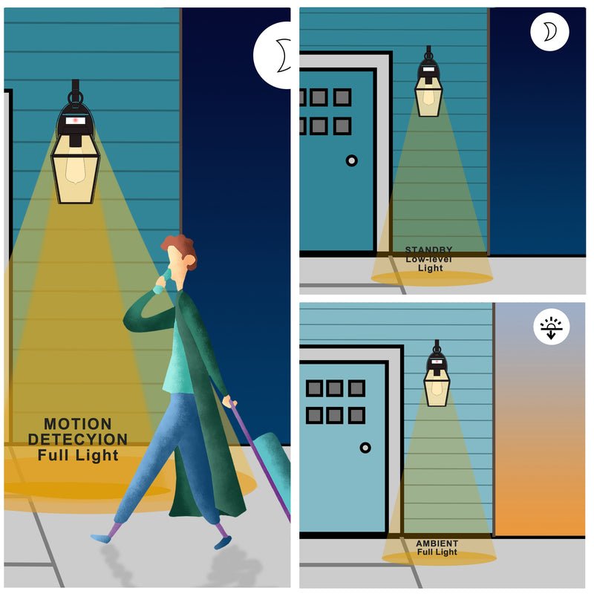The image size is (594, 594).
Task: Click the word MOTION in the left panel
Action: tap(78, 423)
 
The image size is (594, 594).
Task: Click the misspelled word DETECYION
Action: tap(78, 439)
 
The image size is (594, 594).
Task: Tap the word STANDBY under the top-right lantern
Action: tap(429, 249)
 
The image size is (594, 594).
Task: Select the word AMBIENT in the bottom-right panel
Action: tap(437, 544)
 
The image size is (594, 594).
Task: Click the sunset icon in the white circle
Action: tap(551, 327)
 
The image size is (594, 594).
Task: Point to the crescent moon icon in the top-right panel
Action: tap(550, 31)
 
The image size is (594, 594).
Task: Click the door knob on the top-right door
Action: tap(351, 160)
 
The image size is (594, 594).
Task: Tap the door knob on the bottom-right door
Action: tap(365, 448)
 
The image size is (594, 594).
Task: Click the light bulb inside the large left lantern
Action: tap(75, 166)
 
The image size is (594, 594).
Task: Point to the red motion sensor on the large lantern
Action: tap(76, 120)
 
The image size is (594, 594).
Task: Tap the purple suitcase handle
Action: tap(260, 458)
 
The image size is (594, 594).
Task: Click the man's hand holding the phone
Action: tap(163, 278)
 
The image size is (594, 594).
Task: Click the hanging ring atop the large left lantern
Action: tap(76, 98)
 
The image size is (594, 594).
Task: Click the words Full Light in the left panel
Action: tap(78, 455)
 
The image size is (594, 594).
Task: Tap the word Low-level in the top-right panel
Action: tap(429, 259)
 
